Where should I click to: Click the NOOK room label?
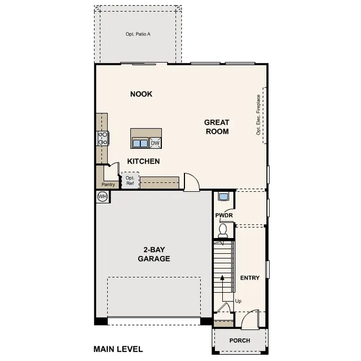[x=141, y=94]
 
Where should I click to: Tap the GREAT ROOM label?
[x=217, y=127]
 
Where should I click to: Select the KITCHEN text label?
[x=143, y=161]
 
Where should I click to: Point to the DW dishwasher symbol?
[x=155, y=143]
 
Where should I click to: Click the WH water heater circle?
[x=103, y=197]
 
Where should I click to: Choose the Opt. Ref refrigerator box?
[x=130, y=180]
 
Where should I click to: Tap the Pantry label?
[x=108, y=184]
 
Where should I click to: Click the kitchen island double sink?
[x=140, y=143]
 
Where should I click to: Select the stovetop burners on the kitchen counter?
[x=103, y=138]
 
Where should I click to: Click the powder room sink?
[x=223, y=197]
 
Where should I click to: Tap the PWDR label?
[x=224, y=215]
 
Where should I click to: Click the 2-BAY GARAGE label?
[x=154, y=254]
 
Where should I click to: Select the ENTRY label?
[x=250, y=278]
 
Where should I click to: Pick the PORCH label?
[x=240, y=341]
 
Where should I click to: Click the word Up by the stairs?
[x=238, y=301]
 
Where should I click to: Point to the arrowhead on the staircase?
[x=222, y=278]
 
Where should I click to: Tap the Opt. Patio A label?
[x=138, y=34]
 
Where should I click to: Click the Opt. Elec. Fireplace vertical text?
[x=258, y=115]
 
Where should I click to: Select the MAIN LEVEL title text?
[x=118, y=349]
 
